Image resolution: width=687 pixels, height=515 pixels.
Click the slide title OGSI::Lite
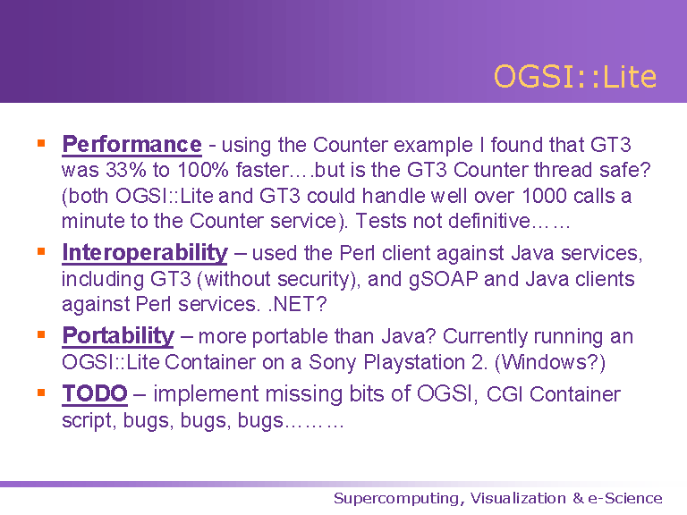tap(575, 77)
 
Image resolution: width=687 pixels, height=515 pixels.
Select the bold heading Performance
tap(131, 144)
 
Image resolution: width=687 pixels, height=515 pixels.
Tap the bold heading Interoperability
tap(145, 253)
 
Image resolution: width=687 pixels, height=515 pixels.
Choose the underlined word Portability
tap(118, 336)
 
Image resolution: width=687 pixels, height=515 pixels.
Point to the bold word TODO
tap(95, 393)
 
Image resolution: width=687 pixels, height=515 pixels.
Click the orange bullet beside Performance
tap(42, 143)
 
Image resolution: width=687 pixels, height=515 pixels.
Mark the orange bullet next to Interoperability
tap(42, 251)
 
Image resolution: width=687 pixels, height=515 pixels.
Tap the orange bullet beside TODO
tap(42, 393)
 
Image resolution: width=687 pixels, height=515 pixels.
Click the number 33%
tap(126, 170)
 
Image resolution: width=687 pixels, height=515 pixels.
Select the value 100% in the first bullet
tap(203, 170)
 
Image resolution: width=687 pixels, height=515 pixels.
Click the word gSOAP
tap(443, 280)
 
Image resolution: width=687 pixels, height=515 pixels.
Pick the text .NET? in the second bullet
tap(298, 304)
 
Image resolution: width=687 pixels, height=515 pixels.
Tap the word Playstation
tap(414, 363)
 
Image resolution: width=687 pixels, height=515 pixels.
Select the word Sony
tap(332, 363)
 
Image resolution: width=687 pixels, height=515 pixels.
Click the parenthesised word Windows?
tap(550, 363)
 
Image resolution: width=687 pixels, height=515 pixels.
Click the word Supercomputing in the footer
tap(399, 499)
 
